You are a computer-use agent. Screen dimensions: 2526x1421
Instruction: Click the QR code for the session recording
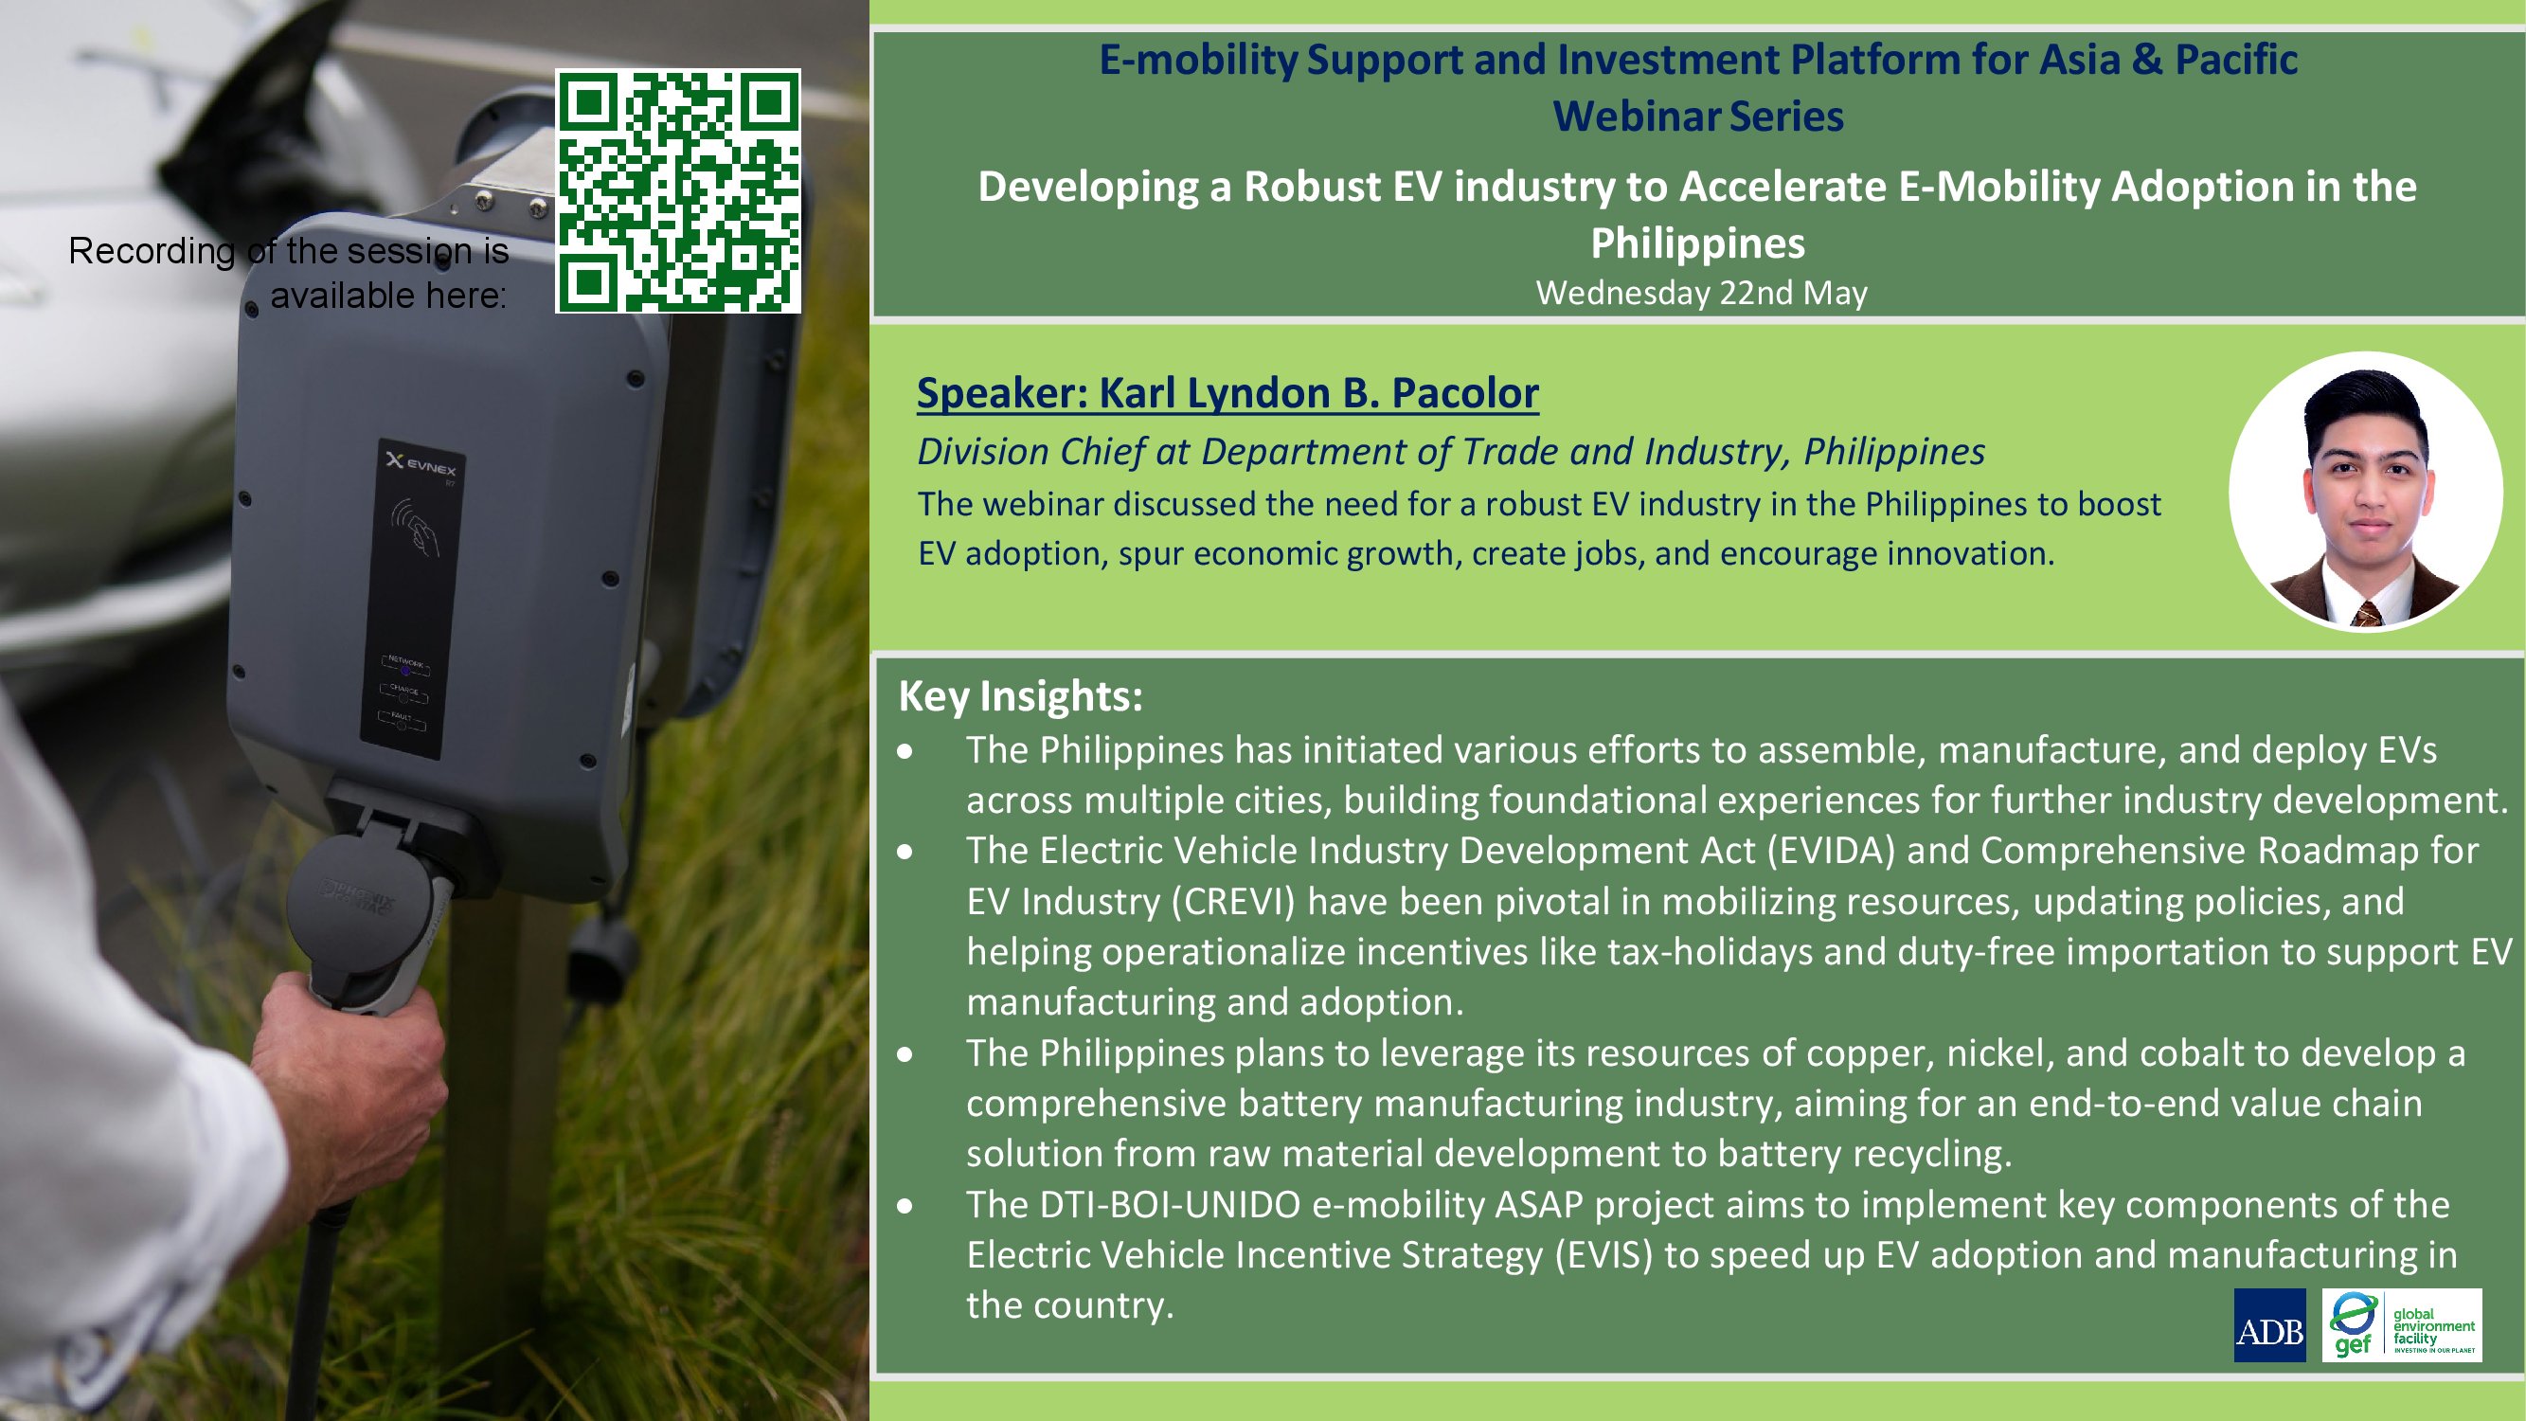click(x=677, y=191)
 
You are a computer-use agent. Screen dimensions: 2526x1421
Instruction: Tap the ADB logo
click(x=2269, y=1325)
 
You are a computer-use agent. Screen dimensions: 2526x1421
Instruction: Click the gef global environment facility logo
click(x=2402, y=1325)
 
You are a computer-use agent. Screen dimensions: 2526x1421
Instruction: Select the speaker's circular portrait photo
click(x=2365, y=492)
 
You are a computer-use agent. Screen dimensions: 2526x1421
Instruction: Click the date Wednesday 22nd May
click(x=1701, y=292)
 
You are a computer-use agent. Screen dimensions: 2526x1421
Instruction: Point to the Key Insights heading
click(x=1021, y=695)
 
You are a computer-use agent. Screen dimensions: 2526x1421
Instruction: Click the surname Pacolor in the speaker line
click(x=1465, y=392)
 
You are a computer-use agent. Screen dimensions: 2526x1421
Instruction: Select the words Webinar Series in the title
click(x=1698, y=116)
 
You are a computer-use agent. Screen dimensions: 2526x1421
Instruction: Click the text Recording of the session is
click(x=288, y=251)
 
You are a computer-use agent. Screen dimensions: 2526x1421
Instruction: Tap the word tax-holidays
click(x=1712, y=952)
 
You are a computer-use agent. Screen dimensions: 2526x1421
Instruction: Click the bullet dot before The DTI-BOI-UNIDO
click(x=905, y=1205)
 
